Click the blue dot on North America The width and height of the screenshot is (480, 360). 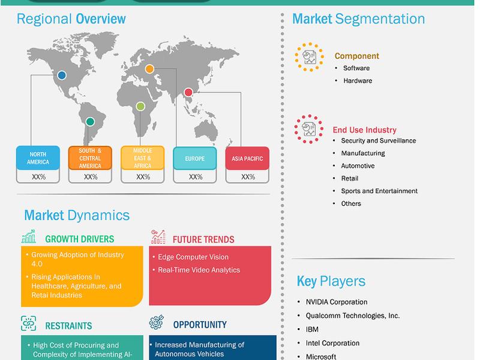[62, 75]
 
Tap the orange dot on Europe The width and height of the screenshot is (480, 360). [149, 69]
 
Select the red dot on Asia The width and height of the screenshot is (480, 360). [188, 92]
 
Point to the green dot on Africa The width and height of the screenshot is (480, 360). [140, 106]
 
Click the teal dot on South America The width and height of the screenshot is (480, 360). [90, 122]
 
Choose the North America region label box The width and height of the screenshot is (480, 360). [38, 158]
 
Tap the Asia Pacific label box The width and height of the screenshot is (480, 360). [247, 158]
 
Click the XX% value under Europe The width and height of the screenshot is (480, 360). [196, 177]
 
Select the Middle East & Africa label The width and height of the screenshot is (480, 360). [143, 158]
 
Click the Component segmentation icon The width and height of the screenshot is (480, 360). [309, 57]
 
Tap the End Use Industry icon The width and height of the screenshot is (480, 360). [309, 129]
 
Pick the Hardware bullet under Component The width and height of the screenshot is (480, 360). [358, 81]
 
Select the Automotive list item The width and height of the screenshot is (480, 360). [358, 166]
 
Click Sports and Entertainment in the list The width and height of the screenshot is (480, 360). [379, 191]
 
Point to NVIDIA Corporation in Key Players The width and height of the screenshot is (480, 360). [337, 302]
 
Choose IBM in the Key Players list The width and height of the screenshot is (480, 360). [312, 329]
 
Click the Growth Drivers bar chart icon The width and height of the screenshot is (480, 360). [29, 236]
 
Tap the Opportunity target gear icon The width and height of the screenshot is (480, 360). [157, 322]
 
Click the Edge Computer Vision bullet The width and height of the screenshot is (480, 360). [193, 257]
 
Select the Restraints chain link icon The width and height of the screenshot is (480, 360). [28, 323]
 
